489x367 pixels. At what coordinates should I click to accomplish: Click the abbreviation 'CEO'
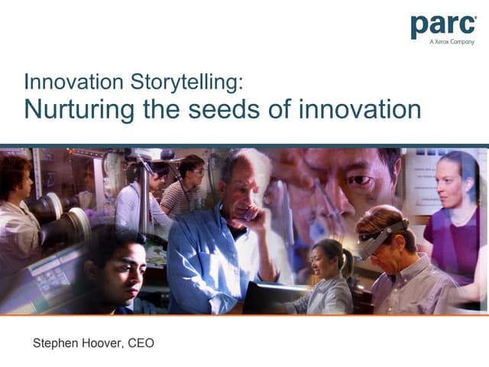(x=141, y=343)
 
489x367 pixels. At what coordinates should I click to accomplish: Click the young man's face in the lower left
(x=123, y=269)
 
